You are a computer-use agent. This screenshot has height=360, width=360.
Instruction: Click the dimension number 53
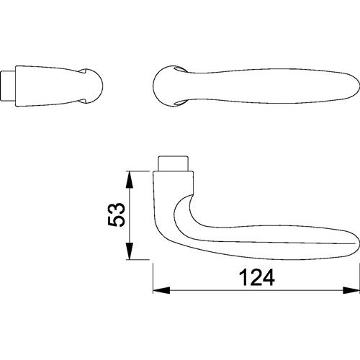[x=117, y=215]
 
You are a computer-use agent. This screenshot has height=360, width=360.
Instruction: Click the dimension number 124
[x=257, y=277]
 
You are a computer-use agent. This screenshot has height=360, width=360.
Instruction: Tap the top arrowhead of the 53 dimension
[x=130, y=179]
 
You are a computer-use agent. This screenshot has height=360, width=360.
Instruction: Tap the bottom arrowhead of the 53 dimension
[x=130, y=251]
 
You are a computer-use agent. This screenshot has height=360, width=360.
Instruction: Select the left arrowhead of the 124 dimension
[x=161, y=290]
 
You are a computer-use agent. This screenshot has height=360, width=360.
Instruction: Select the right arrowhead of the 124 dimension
[x=351, y=290]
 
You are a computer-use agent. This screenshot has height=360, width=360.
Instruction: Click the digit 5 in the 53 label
[x=117, y=220]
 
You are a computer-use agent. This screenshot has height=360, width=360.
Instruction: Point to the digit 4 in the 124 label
[x=269, y=277]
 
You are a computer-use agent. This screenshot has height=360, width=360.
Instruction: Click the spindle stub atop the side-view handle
[x=173, y=163]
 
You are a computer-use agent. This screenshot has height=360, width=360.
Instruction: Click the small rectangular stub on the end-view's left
[x=9, y=86]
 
